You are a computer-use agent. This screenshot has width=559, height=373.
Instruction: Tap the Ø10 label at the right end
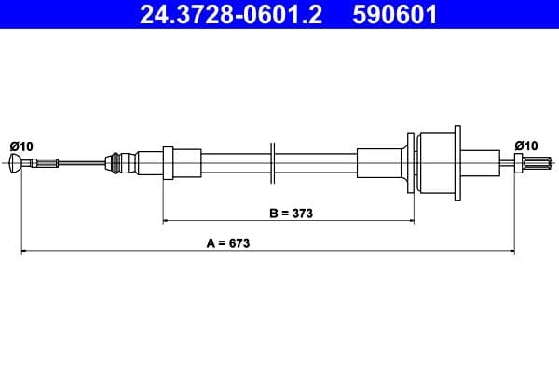(x=526, y=145)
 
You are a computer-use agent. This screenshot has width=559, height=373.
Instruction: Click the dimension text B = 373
(x=291, y=213)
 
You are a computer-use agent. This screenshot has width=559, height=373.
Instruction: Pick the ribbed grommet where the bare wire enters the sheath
(x=116, y=164)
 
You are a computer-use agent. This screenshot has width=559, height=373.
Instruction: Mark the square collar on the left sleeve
(x=169, y=164)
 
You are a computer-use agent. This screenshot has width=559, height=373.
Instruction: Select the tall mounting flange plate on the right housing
(x=456, y=164)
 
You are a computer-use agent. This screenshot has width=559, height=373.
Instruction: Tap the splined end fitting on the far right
(x=529, y=165)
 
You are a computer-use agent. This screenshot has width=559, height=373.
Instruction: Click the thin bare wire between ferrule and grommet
(x=84, y=165)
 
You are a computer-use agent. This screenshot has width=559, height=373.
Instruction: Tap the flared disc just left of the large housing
(x=410, y=164)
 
